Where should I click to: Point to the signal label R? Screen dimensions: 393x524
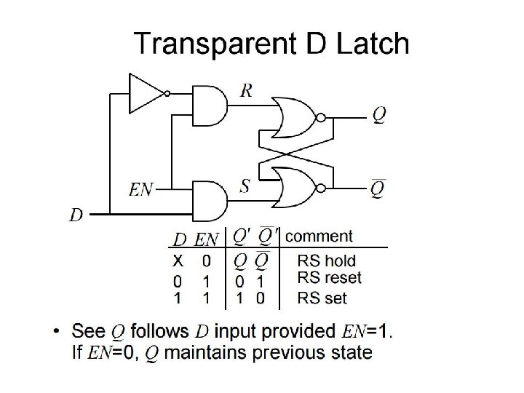click(247, 90)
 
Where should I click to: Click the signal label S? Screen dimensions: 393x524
click(245, 186)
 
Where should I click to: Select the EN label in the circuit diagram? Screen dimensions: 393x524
click(142, 190)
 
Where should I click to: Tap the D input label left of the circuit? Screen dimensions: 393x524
click(76, 215)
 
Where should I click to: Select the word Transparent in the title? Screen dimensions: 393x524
click(211, 45)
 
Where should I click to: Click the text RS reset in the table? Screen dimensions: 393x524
click(329, 278)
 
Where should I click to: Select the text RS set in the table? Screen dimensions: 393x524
click(322, 297)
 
